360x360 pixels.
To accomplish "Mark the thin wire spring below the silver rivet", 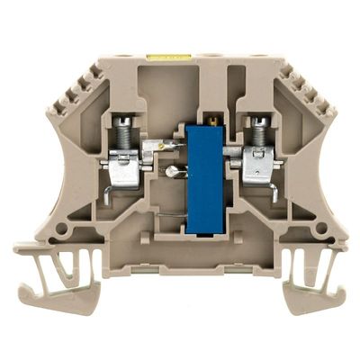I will click(166, 213).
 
